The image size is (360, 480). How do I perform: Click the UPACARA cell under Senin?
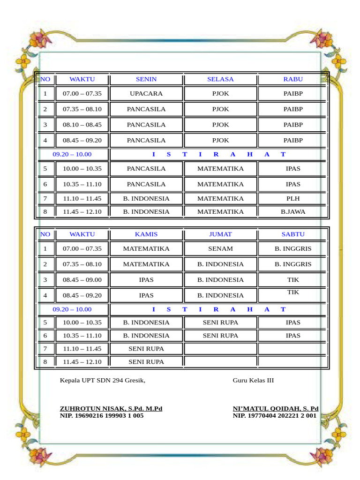coord(146,94)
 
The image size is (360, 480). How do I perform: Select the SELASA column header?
coord(220,79)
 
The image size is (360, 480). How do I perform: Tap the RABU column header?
coord(293,79)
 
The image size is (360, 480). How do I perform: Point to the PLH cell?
coord(293,199)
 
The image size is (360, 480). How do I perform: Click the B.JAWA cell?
coord(293,212)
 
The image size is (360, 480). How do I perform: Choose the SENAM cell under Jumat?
coord(220,249)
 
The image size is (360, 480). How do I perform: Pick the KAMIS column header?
coord(146,234)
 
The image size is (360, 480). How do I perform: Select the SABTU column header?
coord(293,234)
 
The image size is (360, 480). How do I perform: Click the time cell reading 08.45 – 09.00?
coord(82,280)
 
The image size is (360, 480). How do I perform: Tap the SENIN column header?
coord(146,79)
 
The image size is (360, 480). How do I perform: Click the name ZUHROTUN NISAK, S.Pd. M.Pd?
coord(111,409)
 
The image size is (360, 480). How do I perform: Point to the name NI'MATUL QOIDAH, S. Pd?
coord(276,409)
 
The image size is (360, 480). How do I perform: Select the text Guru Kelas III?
coord(253,380)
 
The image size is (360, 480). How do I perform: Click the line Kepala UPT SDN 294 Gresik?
coord(103,380)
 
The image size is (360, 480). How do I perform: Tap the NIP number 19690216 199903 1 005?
coord(102,416)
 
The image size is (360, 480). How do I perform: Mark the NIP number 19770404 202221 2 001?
coord(275,416)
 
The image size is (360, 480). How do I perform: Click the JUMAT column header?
coord(220,234)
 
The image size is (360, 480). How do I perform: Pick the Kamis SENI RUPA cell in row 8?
coord(146,362)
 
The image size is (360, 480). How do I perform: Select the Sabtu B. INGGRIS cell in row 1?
coord(293,249)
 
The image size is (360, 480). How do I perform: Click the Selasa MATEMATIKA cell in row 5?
coord(220,169)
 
